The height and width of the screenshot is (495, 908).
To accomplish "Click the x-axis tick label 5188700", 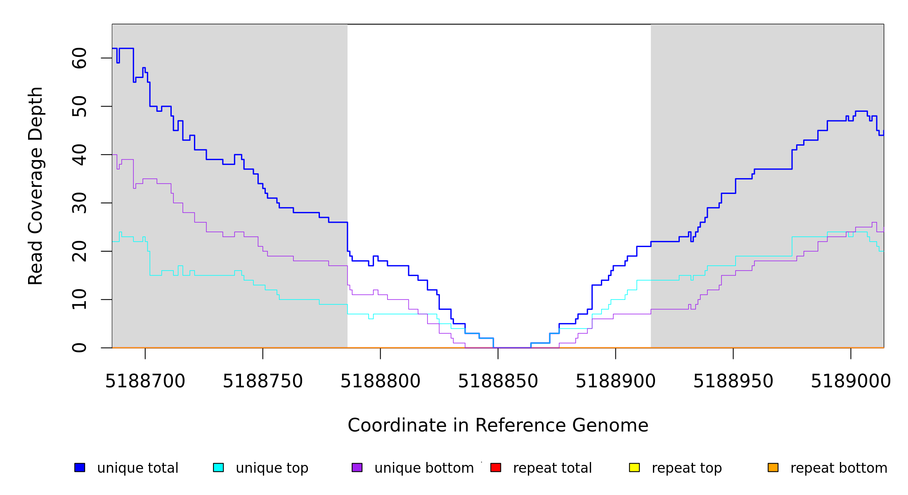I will point(145,382).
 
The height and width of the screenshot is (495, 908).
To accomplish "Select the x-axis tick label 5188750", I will point(263,382).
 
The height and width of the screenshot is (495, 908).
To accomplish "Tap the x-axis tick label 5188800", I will point(381,382).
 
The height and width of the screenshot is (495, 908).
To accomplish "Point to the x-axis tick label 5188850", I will point(498,382).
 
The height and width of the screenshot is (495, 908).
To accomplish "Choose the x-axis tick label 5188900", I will point(616,382).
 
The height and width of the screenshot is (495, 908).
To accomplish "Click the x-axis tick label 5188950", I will point(733,382).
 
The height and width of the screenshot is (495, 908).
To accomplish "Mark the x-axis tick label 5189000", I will point(851,382).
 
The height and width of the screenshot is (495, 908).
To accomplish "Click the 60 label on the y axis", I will point(80,58).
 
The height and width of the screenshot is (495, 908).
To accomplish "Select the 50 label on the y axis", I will point(80,106).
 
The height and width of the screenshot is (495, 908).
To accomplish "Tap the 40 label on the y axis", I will point(80,155).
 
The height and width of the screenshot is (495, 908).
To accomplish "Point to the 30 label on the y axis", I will point(80,203).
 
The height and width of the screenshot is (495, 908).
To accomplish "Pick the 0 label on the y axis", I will point(80,348).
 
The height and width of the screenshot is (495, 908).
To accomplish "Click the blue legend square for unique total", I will point(80,467).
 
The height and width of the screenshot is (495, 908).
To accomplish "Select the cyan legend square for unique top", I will point(218,467).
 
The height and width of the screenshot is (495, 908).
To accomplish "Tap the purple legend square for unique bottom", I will point(357,467).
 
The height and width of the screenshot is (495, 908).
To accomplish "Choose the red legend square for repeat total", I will point(496,467).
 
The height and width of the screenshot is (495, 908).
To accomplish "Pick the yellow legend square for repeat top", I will point(634,467).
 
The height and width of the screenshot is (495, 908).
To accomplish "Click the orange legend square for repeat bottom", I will point(773,467).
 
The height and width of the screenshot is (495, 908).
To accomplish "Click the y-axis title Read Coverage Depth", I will point(35,186).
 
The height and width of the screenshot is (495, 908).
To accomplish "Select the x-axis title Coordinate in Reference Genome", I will point(498,426).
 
